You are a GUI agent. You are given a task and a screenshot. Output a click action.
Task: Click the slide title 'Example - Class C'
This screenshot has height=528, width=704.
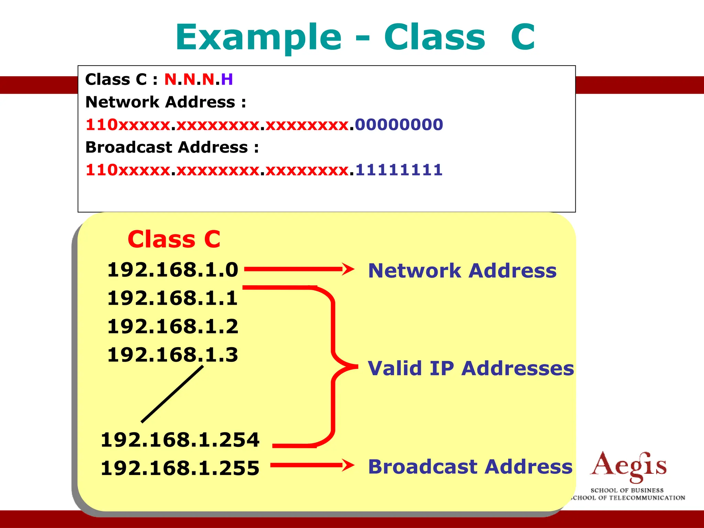(x=355, y=37)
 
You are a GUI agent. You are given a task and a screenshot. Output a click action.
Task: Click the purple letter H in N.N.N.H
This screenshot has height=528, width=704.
(x=227, y=79)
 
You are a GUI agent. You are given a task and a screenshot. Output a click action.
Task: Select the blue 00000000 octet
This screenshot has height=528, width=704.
(x=399, y=124)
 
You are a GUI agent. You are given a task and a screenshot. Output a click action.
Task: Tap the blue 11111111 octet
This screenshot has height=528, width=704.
(x=399, y=170)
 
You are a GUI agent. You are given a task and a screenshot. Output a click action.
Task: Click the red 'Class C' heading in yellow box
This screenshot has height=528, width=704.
(x=174, y=239)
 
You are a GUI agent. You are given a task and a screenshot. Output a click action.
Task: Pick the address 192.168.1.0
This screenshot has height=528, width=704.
(x=173, y=269)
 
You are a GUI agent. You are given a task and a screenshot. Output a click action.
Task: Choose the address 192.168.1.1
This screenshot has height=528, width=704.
(x=173, y=298)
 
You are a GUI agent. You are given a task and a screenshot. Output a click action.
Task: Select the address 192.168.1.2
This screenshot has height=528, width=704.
(x=173, y=326)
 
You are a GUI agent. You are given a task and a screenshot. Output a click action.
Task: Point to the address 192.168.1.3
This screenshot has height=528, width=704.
(x=173, y=354)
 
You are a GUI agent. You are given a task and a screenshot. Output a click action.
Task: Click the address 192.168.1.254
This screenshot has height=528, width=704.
(x=180, y=440)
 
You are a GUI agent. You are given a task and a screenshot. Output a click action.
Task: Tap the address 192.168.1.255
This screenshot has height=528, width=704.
(x=180, y=468)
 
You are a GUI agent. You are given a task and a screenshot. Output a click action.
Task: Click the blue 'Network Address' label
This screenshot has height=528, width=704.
(x=462, y=271)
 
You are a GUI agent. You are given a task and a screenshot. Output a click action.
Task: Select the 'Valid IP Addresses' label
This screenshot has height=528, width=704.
(x=471, y=368)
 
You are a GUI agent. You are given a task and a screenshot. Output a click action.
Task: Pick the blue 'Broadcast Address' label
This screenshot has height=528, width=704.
(x=470, y=466)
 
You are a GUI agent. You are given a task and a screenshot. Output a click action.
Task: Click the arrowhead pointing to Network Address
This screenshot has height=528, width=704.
(x=348, y=269)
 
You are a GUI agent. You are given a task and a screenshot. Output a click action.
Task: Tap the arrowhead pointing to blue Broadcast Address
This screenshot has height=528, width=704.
(x=348, y=465)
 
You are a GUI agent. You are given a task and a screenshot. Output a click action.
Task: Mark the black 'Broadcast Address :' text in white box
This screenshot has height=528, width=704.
(x=172, y=147)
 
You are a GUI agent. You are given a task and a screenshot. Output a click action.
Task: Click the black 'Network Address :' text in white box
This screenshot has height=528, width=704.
(x=166, y=102)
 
